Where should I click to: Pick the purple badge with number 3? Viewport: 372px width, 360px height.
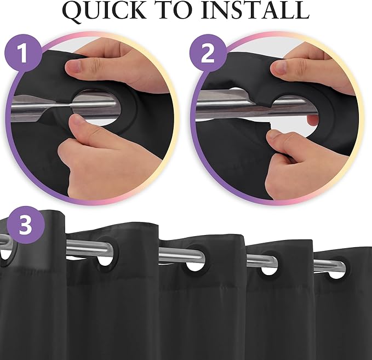click(x=26, y=225)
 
